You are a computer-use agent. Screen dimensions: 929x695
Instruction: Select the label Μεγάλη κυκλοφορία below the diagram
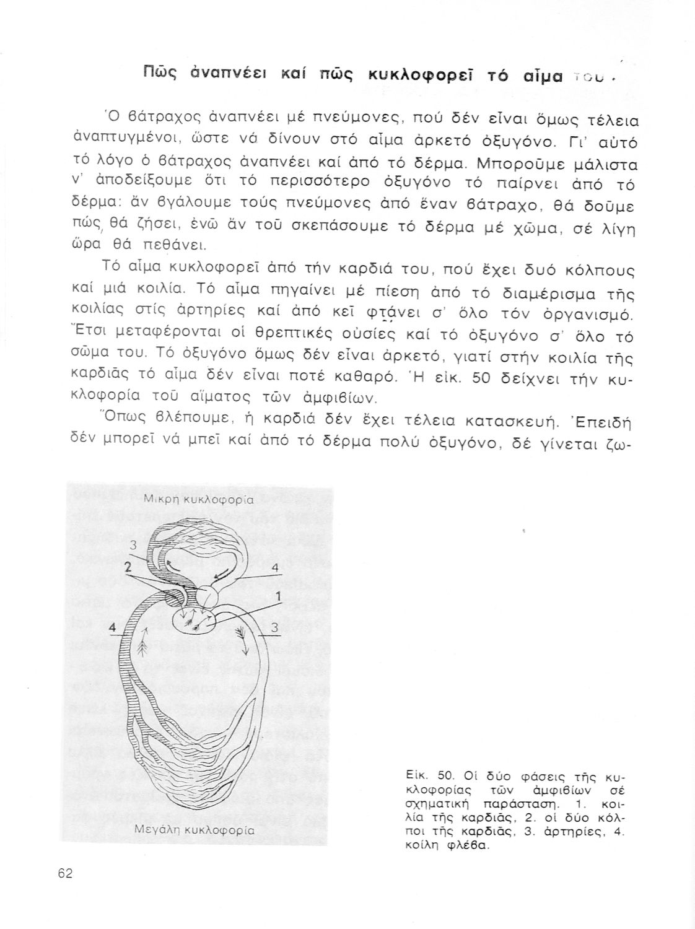[x=194, y=830]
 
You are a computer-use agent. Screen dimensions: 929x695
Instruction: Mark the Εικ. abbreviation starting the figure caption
[x=412, y=775]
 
